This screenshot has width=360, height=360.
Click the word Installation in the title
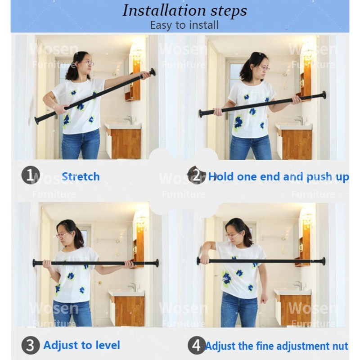click(164, 10)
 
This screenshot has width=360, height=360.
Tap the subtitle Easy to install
click(184, 25)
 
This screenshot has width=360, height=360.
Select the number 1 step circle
click(31, 175)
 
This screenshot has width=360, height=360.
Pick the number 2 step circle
click(196, 175)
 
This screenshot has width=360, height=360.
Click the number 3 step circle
click(31, 345)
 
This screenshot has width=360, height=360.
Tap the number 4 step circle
click(196, 345)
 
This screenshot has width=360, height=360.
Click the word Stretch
click(81, 176)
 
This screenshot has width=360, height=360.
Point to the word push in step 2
click(319, 177)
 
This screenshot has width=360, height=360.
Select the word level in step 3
click(108, 345)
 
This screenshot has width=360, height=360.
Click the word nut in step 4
click(342, 346)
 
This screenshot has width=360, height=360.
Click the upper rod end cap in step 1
click(153, 72)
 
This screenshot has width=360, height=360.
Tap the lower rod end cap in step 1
click(36, 121)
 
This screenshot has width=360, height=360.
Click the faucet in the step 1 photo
click(129, 119)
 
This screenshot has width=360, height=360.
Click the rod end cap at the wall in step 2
click(324, 95)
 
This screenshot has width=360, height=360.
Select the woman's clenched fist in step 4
click(264, 299)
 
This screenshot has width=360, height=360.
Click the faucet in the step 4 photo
click(299, 285)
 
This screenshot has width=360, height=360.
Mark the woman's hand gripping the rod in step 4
click(204, 260)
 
